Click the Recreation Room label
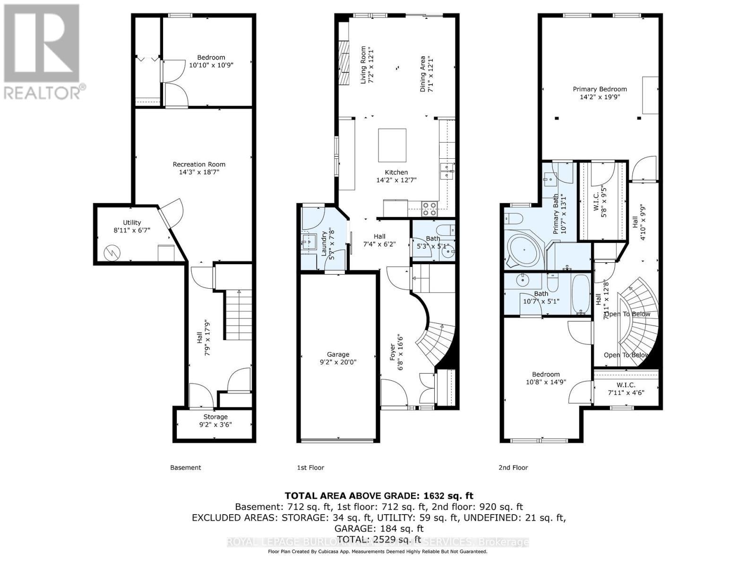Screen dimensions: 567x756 199,164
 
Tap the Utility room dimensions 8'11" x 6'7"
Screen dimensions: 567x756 132,230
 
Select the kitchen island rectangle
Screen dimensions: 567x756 392,145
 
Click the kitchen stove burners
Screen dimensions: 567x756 429,208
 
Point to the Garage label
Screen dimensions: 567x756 338,354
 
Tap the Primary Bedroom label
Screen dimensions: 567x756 600,89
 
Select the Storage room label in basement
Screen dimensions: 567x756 215,417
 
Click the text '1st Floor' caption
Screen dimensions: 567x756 310,467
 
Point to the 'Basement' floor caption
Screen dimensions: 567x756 185,467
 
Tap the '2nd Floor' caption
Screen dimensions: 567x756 513,467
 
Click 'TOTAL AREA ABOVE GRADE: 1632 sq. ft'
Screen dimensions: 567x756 378,496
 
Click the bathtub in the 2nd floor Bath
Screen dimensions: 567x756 581,294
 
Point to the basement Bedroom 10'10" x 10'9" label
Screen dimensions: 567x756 211,61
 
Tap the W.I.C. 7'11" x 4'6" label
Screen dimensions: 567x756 626,388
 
